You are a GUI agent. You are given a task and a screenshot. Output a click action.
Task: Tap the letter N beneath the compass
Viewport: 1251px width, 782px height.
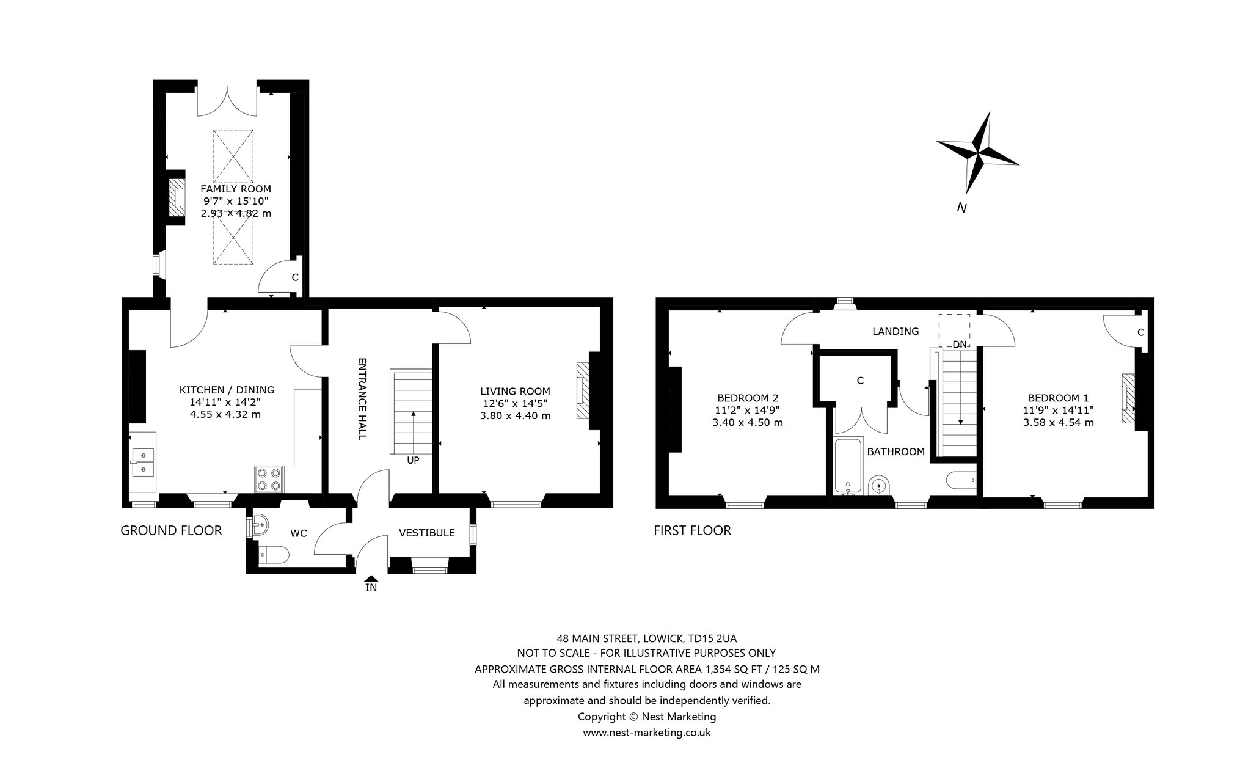[x=961, y=208]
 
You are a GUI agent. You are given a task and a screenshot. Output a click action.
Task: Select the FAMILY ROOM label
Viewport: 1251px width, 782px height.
[x=236, y=189]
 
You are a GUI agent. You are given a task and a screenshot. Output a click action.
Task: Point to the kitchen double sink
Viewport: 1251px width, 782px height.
[x=142, y=462]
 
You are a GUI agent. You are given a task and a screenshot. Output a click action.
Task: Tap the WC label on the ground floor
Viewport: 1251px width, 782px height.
[x=299, y=533]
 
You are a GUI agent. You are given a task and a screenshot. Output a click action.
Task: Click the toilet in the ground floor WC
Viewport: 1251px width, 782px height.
[x=272, y=555]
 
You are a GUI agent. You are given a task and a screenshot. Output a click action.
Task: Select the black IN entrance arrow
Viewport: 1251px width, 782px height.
[x=371, y=578]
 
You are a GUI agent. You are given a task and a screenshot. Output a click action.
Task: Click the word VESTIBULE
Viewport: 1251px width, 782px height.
[x=427, y=533]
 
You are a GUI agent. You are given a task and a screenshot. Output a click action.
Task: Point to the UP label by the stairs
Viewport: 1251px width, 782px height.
[x=413, y=461]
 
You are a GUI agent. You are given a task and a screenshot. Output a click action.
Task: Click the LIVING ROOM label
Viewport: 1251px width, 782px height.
[x=515, y=392]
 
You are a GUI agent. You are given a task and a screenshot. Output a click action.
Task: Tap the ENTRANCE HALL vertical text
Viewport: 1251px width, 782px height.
[x=362, y=398]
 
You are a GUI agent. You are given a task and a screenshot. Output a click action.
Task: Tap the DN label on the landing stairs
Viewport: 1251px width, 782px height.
[x=960, y=345]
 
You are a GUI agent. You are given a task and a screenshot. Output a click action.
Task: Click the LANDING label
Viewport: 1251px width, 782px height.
[x=895, y=331]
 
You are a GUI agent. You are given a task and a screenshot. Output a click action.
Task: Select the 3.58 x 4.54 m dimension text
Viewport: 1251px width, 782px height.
[x=1059, y=422]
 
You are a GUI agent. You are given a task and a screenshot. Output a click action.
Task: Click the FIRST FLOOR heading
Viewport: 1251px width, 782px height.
[x=692, y=530]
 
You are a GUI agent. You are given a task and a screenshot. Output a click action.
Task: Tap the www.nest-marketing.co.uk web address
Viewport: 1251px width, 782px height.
[x=647, y=733]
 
